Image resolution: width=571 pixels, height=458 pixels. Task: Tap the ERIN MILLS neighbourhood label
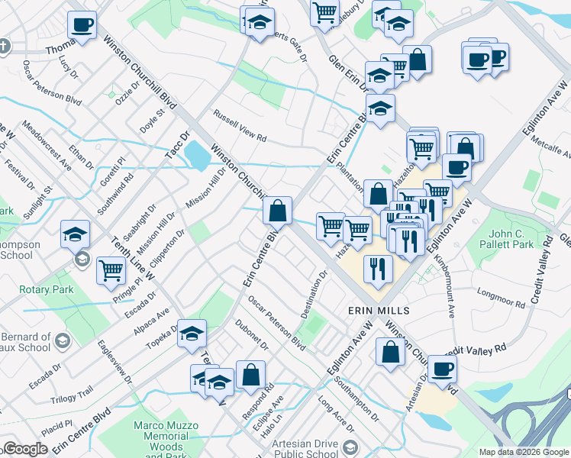click(x=379, y=311)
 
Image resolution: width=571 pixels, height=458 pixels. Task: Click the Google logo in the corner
click(x=24, y=449)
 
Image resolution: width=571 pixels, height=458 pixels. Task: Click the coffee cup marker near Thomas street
click(x=82, y=24)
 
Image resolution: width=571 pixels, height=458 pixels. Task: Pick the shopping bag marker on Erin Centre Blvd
click(x=277, y=210)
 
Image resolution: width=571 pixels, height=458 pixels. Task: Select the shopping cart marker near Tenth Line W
click(x=111, y=269)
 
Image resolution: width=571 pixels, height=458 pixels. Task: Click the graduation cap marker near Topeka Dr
click(x=192, y=333)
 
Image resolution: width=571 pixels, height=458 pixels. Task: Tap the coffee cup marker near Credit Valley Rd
click(x=442, y=369)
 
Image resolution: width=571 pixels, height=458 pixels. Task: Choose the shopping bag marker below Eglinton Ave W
click(x=390, y=353)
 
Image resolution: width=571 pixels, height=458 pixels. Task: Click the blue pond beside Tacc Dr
click(x=197, y=157)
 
